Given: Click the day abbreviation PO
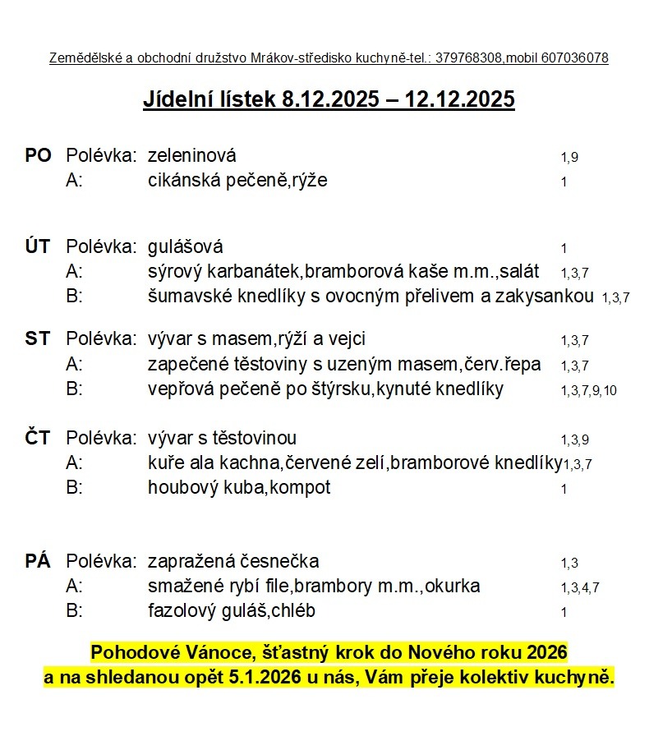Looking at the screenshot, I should point(38,155).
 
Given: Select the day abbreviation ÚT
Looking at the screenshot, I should point(38,246).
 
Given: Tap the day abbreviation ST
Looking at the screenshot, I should point(38,338).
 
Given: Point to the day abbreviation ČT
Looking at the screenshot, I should point(38,438).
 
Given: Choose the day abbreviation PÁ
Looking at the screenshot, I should point(38,562).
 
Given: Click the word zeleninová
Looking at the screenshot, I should point(191,155).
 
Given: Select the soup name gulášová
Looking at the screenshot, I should point(185,246).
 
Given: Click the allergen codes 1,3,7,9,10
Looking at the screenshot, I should point(588,391).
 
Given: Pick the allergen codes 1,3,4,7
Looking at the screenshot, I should point(580,588).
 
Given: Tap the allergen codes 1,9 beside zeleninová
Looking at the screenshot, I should point(569,157).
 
